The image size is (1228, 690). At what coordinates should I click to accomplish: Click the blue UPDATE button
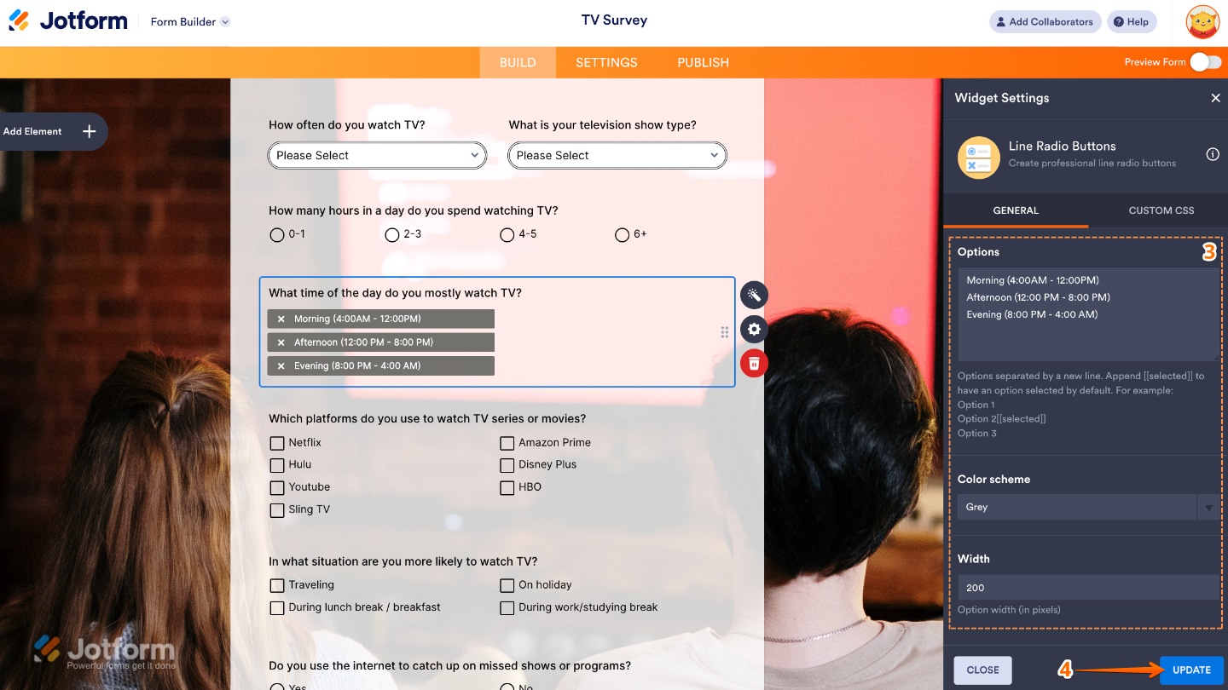pos(1191,670)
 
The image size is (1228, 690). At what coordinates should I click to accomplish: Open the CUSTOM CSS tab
pos(1161,210)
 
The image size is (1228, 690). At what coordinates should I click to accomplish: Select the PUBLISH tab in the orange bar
pos(703,62)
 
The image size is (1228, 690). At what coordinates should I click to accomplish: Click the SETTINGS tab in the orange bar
pos(606,62)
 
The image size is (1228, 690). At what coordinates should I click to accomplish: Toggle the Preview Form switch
pos(1206,61)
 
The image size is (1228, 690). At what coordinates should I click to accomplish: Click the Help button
pos(1132,22)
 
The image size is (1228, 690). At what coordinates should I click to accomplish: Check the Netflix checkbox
pos(277,443)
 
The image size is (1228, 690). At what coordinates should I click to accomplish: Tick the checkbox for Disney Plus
pos(507,465)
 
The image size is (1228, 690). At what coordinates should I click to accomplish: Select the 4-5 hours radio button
pos(507,234)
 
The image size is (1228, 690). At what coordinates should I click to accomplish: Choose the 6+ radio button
pos(622,234)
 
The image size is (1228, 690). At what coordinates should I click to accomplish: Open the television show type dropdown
pos(617,155)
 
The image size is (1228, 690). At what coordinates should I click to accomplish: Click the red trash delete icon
pos(754,364)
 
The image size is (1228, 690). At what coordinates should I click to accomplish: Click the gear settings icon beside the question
pos(754,329)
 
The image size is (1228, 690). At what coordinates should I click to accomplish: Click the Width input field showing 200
pos(1087,587)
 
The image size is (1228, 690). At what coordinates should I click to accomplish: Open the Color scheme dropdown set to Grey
pos(1087,507)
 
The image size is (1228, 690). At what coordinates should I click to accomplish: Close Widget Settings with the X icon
pos(1215,98)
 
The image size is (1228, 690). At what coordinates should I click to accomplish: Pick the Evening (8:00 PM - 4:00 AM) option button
pos(380,365)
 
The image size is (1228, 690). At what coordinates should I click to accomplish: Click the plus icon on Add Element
pos(89,131)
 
